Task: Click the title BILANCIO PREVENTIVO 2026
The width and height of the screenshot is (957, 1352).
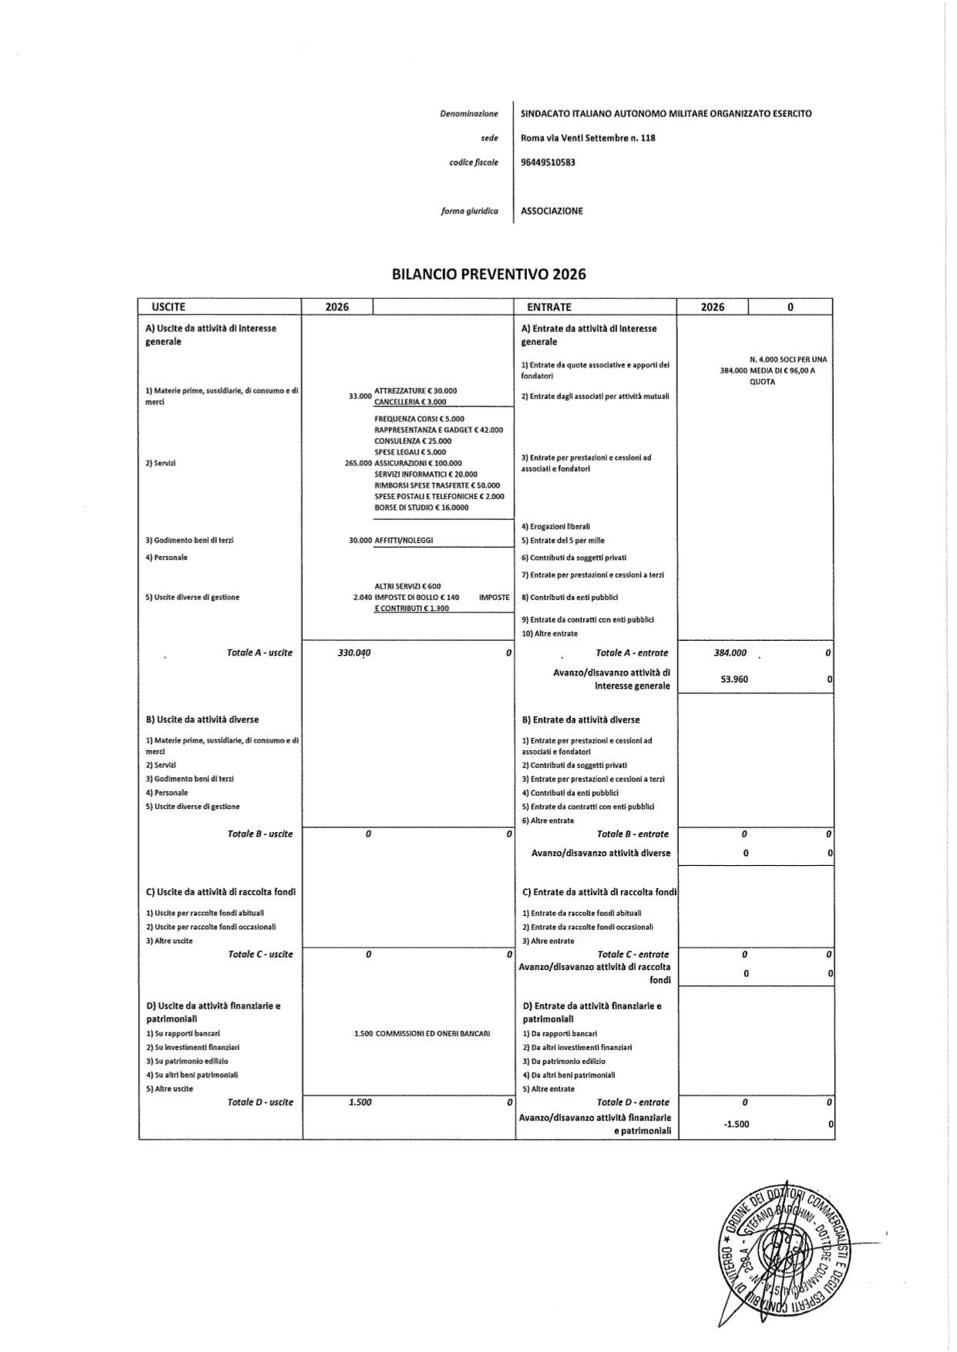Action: click(489, 274)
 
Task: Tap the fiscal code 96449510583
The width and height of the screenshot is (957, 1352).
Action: click(548, 163)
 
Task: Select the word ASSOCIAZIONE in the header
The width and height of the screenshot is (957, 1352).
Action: click(552, 211)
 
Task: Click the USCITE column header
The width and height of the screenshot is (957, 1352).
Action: click(169, 307)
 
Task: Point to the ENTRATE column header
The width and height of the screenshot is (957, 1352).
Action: click(549, 307)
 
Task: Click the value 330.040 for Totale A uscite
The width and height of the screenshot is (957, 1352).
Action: click(354, 653)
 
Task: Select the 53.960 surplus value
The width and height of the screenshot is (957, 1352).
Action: click(734, 679)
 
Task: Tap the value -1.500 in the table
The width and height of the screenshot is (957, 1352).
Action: click(736, 1124)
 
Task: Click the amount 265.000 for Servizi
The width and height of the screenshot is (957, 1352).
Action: click(358, 464)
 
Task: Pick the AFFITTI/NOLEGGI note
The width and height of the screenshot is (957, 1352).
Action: click(404, 541)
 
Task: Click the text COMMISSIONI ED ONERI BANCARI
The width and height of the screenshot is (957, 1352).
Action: click(432, 1033)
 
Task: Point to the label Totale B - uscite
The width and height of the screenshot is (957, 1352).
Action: click(260, 834)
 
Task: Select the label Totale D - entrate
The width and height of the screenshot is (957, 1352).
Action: click(633, 1102)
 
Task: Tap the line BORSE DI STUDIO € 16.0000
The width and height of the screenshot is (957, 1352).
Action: click(421, 508)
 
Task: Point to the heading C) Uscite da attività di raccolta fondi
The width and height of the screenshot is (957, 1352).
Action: click(220, 892)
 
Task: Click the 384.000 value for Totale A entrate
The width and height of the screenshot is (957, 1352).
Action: click(730, 653)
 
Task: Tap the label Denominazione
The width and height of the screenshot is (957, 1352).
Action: click(468, 114)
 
